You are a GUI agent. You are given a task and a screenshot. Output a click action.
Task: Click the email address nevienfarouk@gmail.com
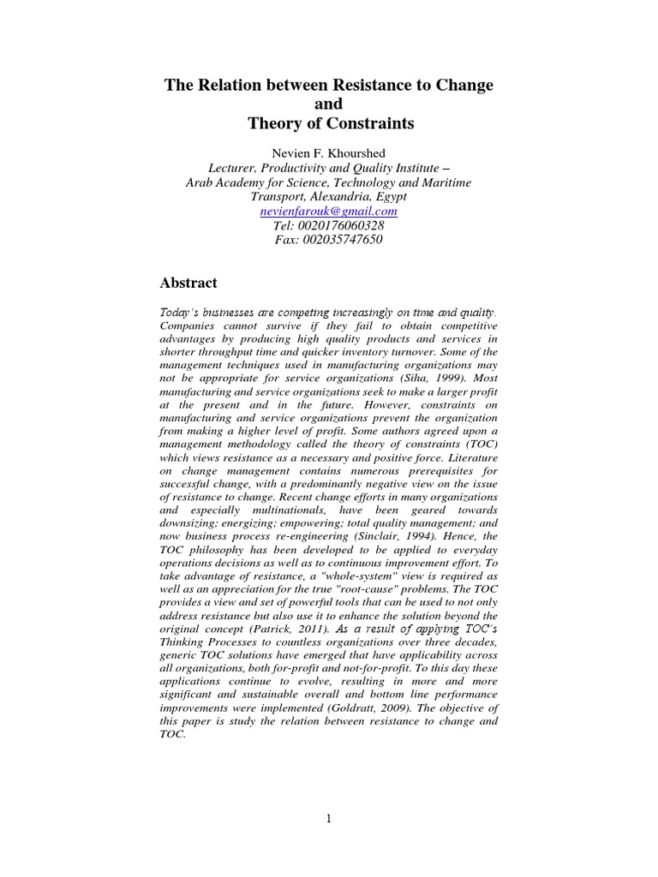pyautogui.click(x=328, y=211)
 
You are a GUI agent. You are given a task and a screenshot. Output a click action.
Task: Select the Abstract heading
pyautogui.click(x=188, y=283)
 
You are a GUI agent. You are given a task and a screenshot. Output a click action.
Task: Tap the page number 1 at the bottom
pyautogui.click(x=328, y=819)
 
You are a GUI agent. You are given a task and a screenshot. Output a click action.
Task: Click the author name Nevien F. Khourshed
pyautogui.click(x=328, y=152)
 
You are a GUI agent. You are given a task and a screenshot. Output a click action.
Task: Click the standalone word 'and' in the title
pyautogui.click(x=329, y=105)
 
